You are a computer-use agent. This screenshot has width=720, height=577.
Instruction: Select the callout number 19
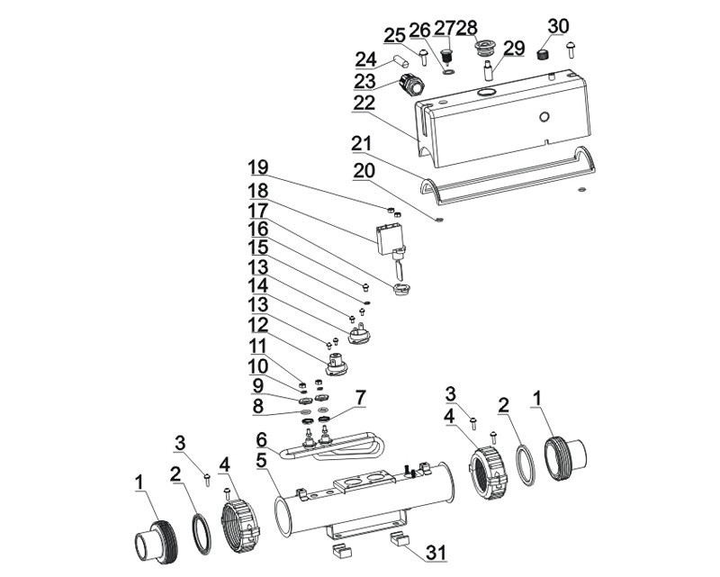coord(259,167)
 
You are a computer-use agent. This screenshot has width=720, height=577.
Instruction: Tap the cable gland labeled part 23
coord(411,86)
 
